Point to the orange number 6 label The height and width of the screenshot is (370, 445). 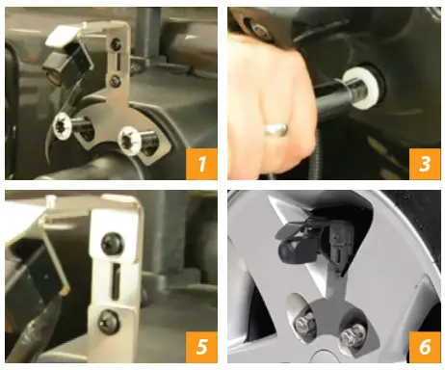(422, 347)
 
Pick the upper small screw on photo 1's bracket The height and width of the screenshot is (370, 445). (117, 44)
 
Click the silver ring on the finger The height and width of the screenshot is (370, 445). (277, 122)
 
